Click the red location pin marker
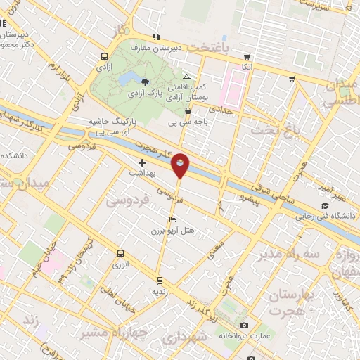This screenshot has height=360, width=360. (x=180, y=165)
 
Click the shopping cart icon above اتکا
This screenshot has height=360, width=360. (x=246, y=57)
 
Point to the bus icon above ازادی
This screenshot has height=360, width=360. (x=104, y=56)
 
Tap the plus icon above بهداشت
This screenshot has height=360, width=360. (x=142, y=162)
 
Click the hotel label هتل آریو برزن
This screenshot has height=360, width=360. (x=173, y=230)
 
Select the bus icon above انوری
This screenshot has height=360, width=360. (x=120, y=253)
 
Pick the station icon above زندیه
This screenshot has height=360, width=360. (x=160, y=279)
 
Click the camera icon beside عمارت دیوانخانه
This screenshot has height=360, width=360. (x=243, y=325)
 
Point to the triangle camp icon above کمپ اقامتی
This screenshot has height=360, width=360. (x=186, y=77)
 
